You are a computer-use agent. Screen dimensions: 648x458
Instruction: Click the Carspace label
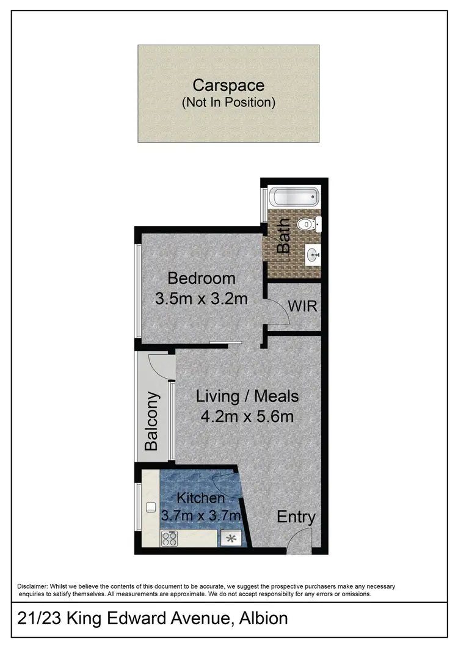point(228,85)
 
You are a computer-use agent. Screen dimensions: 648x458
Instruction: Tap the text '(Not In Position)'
point(228,102)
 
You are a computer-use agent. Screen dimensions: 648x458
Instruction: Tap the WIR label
point(304,306)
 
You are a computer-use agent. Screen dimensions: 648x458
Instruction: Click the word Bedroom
point(202,278)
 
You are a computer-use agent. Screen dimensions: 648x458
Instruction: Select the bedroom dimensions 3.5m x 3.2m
point(202,299)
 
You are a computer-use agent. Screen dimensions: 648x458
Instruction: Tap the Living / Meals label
point(247,396)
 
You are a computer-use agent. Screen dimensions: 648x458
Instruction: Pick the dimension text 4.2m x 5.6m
point(247,417)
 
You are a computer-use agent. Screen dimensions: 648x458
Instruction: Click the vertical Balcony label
point(152,421)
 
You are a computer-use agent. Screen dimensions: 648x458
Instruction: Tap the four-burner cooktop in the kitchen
point(169,538)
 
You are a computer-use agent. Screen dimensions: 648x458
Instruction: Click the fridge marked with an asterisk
point(231,538)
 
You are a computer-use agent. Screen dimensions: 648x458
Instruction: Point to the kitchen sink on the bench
point(150,506)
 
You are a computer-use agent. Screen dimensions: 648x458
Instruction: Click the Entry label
point(296,517)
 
